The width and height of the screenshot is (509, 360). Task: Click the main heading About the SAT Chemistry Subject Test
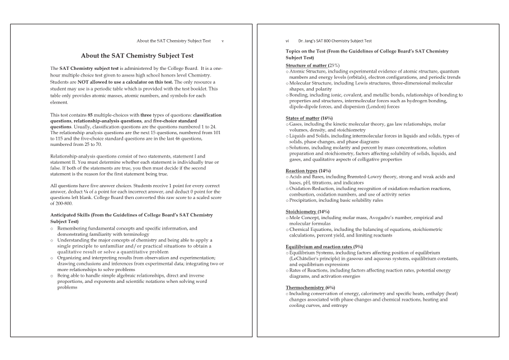(137, 56)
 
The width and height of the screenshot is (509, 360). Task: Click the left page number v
(223, 41)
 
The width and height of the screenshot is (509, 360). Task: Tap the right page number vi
(288, 41)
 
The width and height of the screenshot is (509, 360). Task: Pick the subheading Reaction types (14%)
(308, 170)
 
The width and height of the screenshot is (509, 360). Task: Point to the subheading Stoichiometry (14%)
(308, 212)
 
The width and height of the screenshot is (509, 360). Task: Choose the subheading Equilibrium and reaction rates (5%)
(324, 247)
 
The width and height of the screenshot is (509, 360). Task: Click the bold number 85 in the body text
(91, 115)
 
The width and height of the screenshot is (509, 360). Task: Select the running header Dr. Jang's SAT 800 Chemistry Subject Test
(335, 41)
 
